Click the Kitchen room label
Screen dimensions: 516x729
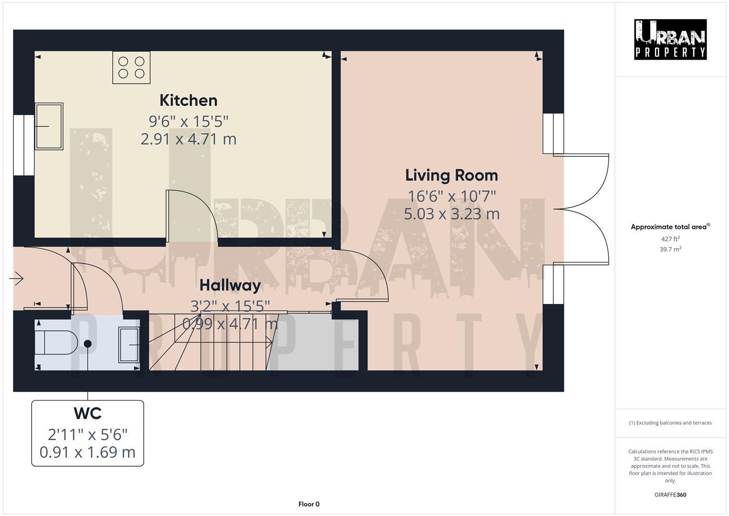coord(188,100)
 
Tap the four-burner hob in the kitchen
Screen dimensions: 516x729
coord(131,67)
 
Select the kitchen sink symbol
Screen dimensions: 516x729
coord(49,126)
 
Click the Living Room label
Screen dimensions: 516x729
coord(451,175)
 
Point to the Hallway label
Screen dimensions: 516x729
coord(230,285)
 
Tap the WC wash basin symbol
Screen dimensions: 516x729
coord(129,344)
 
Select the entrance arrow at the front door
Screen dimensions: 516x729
coord(17,278)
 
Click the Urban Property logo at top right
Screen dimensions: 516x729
coord(670,40)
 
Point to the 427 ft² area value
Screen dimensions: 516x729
coord(670,239)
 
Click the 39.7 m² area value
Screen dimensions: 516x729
coord(670,249)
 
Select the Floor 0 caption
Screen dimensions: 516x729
coord(308,504)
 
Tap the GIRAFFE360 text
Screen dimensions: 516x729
coord(670,495)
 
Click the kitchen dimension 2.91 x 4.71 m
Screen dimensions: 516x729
coord(188,139)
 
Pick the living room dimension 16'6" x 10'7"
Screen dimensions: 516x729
coord(451,196)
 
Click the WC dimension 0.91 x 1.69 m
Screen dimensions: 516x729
coord(87,452)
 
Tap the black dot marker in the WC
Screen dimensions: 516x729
coord(88,344)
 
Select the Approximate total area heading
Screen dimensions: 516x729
coord(670,227)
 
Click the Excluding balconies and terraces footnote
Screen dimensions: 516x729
coord(670,423)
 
